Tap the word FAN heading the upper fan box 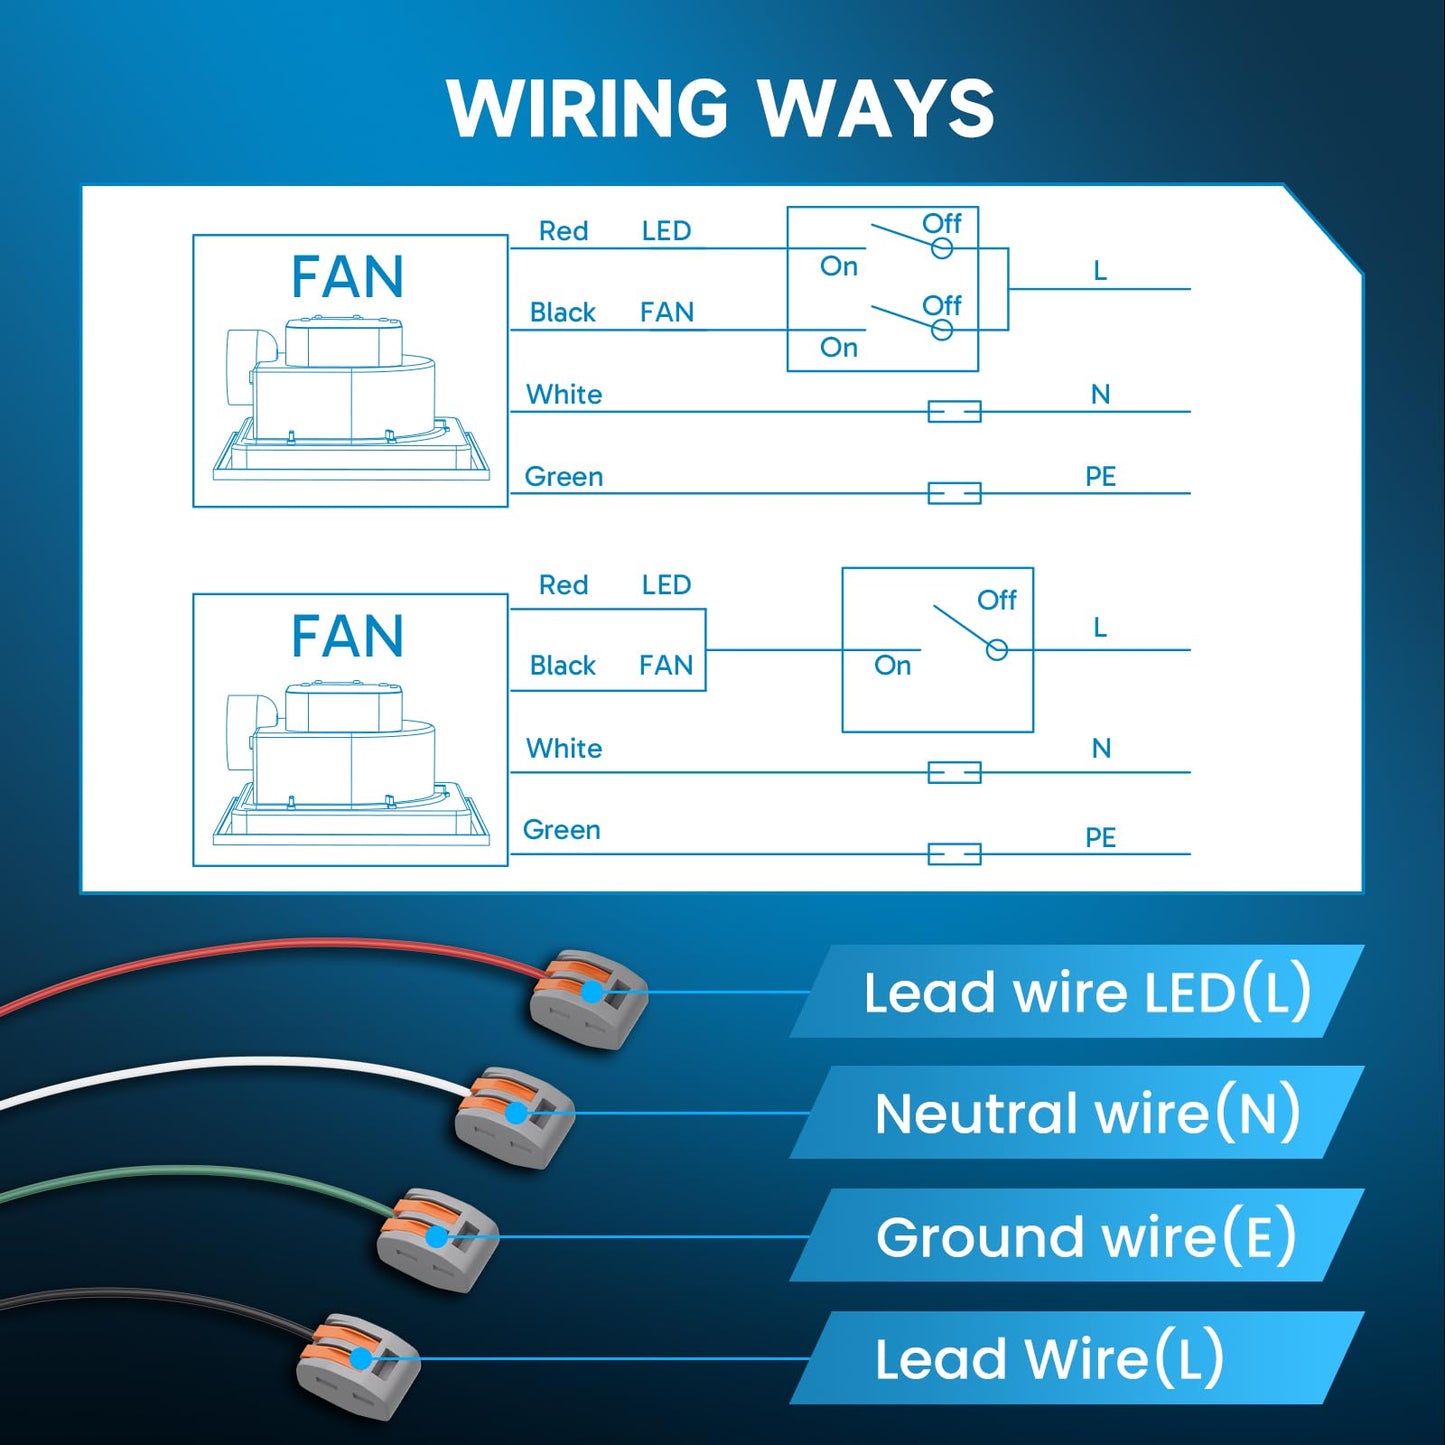[347, 277]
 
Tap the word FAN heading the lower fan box [347, 636]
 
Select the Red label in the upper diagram [563, 231]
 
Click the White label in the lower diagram [564, 748]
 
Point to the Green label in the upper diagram [564, 476]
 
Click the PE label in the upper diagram [1100, 476]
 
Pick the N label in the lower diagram [1101, 748]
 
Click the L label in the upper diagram [1100, 271]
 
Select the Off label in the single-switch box [997, 600]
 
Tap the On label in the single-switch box [892, 665]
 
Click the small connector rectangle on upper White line [955, 412]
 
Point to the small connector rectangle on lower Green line [955, 854]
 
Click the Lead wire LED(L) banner [1077, 991]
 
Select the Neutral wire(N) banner [1077, 1112]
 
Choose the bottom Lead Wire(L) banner [1077, 1358]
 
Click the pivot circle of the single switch [997, 650]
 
